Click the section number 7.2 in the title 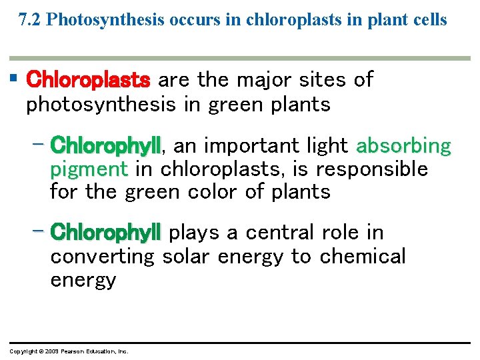point(31,20)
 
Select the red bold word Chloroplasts point(88,80)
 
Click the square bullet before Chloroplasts point(14,79)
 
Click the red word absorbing point(404,145)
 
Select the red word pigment point(89,169)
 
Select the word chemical point(363,256)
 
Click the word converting point(102,257)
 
